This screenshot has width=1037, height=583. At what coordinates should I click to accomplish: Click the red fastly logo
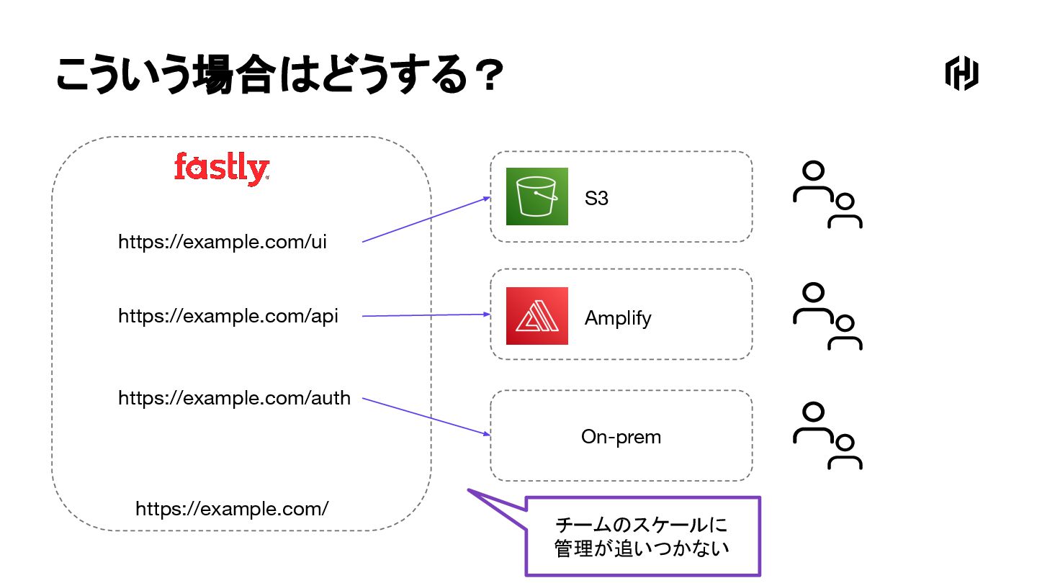click(221, 168)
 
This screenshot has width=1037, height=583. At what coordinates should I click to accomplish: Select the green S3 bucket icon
click(537, 196)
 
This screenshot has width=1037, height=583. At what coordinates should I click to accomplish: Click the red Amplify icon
click(537, 316)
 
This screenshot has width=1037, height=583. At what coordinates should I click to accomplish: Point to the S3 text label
click(596, 198)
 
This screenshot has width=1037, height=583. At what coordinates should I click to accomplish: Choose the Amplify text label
click(618, 318)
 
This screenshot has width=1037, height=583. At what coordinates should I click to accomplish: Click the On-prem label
click(621, 437)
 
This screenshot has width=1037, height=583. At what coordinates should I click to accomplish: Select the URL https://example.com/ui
click(223, 242)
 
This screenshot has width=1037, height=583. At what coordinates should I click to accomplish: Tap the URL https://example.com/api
click(228, 316)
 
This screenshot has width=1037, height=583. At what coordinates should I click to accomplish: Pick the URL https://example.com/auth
click(235, 397)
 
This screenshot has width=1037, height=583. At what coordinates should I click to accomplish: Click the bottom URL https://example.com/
click(232, 509)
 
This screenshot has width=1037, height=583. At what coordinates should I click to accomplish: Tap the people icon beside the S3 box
click(827, 195)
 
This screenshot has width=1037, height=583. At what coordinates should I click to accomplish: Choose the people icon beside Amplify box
click(827, 317)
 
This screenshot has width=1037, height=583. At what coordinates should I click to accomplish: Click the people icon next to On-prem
click(827, 437)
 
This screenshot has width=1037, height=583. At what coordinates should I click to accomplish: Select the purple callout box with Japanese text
click(642, 536)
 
